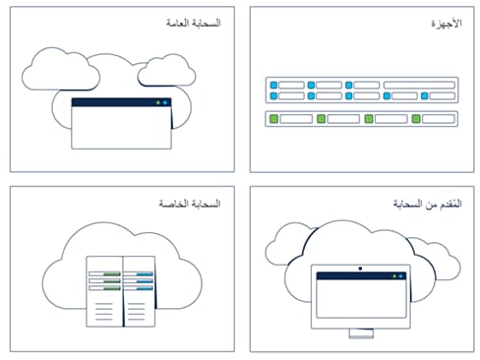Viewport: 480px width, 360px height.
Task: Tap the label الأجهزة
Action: [448, 23]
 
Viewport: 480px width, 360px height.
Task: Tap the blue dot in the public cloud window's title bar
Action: [165, 102]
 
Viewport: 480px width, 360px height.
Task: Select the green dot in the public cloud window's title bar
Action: [157, 102]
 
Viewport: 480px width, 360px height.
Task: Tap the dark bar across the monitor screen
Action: [360, 277]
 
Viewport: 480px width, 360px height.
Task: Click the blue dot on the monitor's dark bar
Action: [402, 277]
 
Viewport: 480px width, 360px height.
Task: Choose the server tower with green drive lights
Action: [103, 292]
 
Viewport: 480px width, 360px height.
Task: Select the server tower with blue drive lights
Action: [139, 292]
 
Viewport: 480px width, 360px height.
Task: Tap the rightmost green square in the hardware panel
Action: [416, 119]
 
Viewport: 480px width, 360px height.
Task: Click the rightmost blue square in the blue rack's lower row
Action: [425, 96]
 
